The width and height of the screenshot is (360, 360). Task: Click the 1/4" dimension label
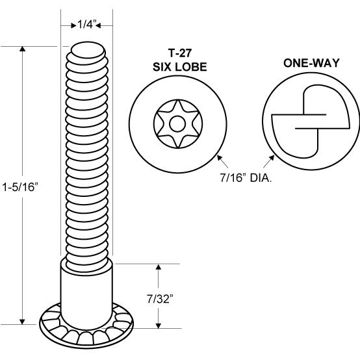pyautogui.click(x=86, y=24)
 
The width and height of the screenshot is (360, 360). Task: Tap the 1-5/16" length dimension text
pyautogui.click(x=19, y=187)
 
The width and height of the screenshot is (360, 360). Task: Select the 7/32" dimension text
pyautogui.click(x=160, y=299)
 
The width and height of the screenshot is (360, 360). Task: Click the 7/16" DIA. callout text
pyautogui.click(x=246, y=177)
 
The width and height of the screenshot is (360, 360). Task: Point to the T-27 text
pyautogui.click(x=180, y=53)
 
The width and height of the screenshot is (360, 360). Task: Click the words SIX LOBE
pyautogui.click(x=180, y=67)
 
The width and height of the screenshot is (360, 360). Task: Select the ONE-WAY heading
pyautogui.click(x=311, y=63)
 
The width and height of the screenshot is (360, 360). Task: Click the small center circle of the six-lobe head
pyautogui.click(x=177, y=123)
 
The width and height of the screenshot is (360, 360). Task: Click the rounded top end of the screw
pyautogui.click(x=88, y=50)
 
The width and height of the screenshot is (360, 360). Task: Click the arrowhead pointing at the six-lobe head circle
pyautogui.click(x=220, y=158)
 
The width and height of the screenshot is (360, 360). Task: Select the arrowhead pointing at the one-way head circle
pyautogui.click(x=272, y=158)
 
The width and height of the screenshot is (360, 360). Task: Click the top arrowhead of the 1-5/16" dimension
pyautogui.click(x=22, y=49)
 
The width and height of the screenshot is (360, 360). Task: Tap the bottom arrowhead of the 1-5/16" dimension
pyautogui.click(x=22, y=322)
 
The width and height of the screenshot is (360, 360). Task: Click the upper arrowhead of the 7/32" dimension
pyautogui.click(x=159, y=266)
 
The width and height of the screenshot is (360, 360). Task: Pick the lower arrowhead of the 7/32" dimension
pyautogui.click(x=159, y=326)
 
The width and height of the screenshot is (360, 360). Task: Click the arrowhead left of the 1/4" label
pyautogui.click(x=73, y=25)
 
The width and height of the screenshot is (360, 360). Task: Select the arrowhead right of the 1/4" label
pyautogui.click(x=98, y=25)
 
